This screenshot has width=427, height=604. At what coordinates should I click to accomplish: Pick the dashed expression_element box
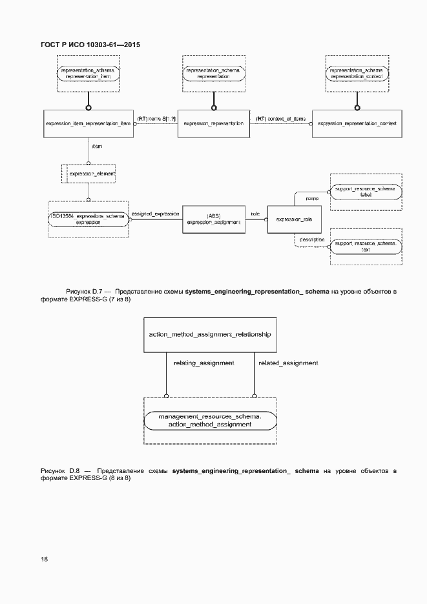click(x=87, y=174)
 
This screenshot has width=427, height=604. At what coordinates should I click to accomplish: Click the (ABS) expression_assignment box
click(x=213, y=218)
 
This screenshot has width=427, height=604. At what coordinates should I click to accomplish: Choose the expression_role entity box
click(x=294, y=219)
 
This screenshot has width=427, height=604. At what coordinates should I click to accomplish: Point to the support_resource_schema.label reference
click(x=366, y=190)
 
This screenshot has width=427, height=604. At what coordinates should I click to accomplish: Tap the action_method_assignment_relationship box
click(x=209, y=334)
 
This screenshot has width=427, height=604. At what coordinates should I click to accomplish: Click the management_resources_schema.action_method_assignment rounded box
click(x=209, y=421)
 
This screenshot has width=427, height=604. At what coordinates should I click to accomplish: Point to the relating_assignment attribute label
click(x=203, y=363)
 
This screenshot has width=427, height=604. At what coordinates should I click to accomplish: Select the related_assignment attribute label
click(x=288, y=363)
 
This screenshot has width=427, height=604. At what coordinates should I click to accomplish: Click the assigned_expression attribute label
click(x=155, y=213)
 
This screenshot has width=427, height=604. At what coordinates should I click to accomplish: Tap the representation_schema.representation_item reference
click(x=89, y=73)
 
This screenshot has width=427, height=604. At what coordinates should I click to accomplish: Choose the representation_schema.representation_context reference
click(x=357, y=73)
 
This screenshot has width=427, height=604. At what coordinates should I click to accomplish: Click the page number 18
click(x=44, y=559)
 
